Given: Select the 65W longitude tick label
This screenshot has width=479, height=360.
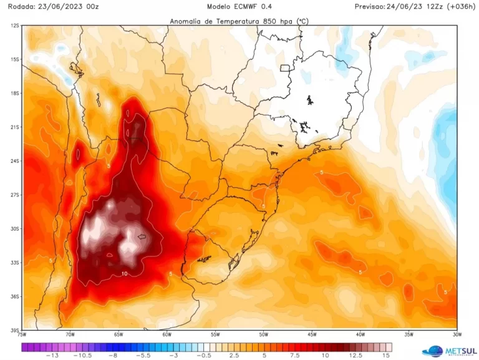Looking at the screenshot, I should click(118, 334).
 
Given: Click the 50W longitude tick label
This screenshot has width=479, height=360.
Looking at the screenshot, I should click(263, 334).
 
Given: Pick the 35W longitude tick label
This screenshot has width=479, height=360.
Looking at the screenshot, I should click(409, 334).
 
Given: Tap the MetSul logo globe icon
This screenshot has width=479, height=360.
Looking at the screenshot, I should click(432, 351).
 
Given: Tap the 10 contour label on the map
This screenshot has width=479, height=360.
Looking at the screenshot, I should click(125, 273).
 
